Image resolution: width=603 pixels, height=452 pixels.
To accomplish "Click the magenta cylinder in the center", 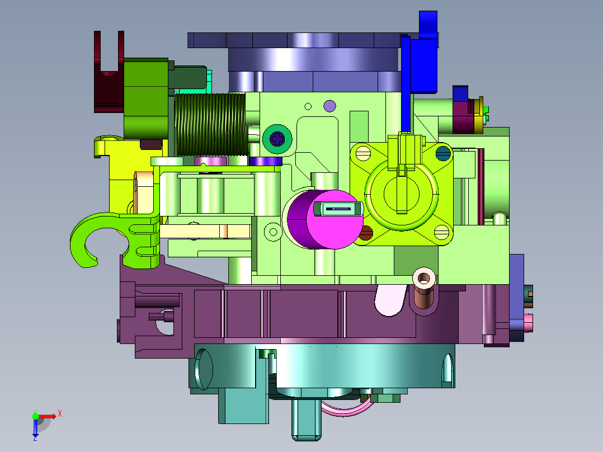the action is coord(325,219).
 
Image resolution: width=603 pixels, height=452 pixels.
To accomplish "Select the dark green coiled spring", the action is coord(210,124).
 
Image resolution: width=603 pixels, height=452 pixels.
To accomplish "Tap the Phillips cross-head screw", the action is coord(277,139).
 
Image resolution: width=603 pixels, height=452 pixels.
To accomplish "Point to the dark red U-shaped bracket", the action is coord(109,77).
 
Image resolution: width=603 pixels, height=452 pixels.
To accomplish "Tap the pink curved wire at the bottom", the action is coord(346,408).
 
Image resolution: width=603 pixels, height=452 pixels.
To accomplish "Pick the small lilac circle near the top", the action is coord(329,106).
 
